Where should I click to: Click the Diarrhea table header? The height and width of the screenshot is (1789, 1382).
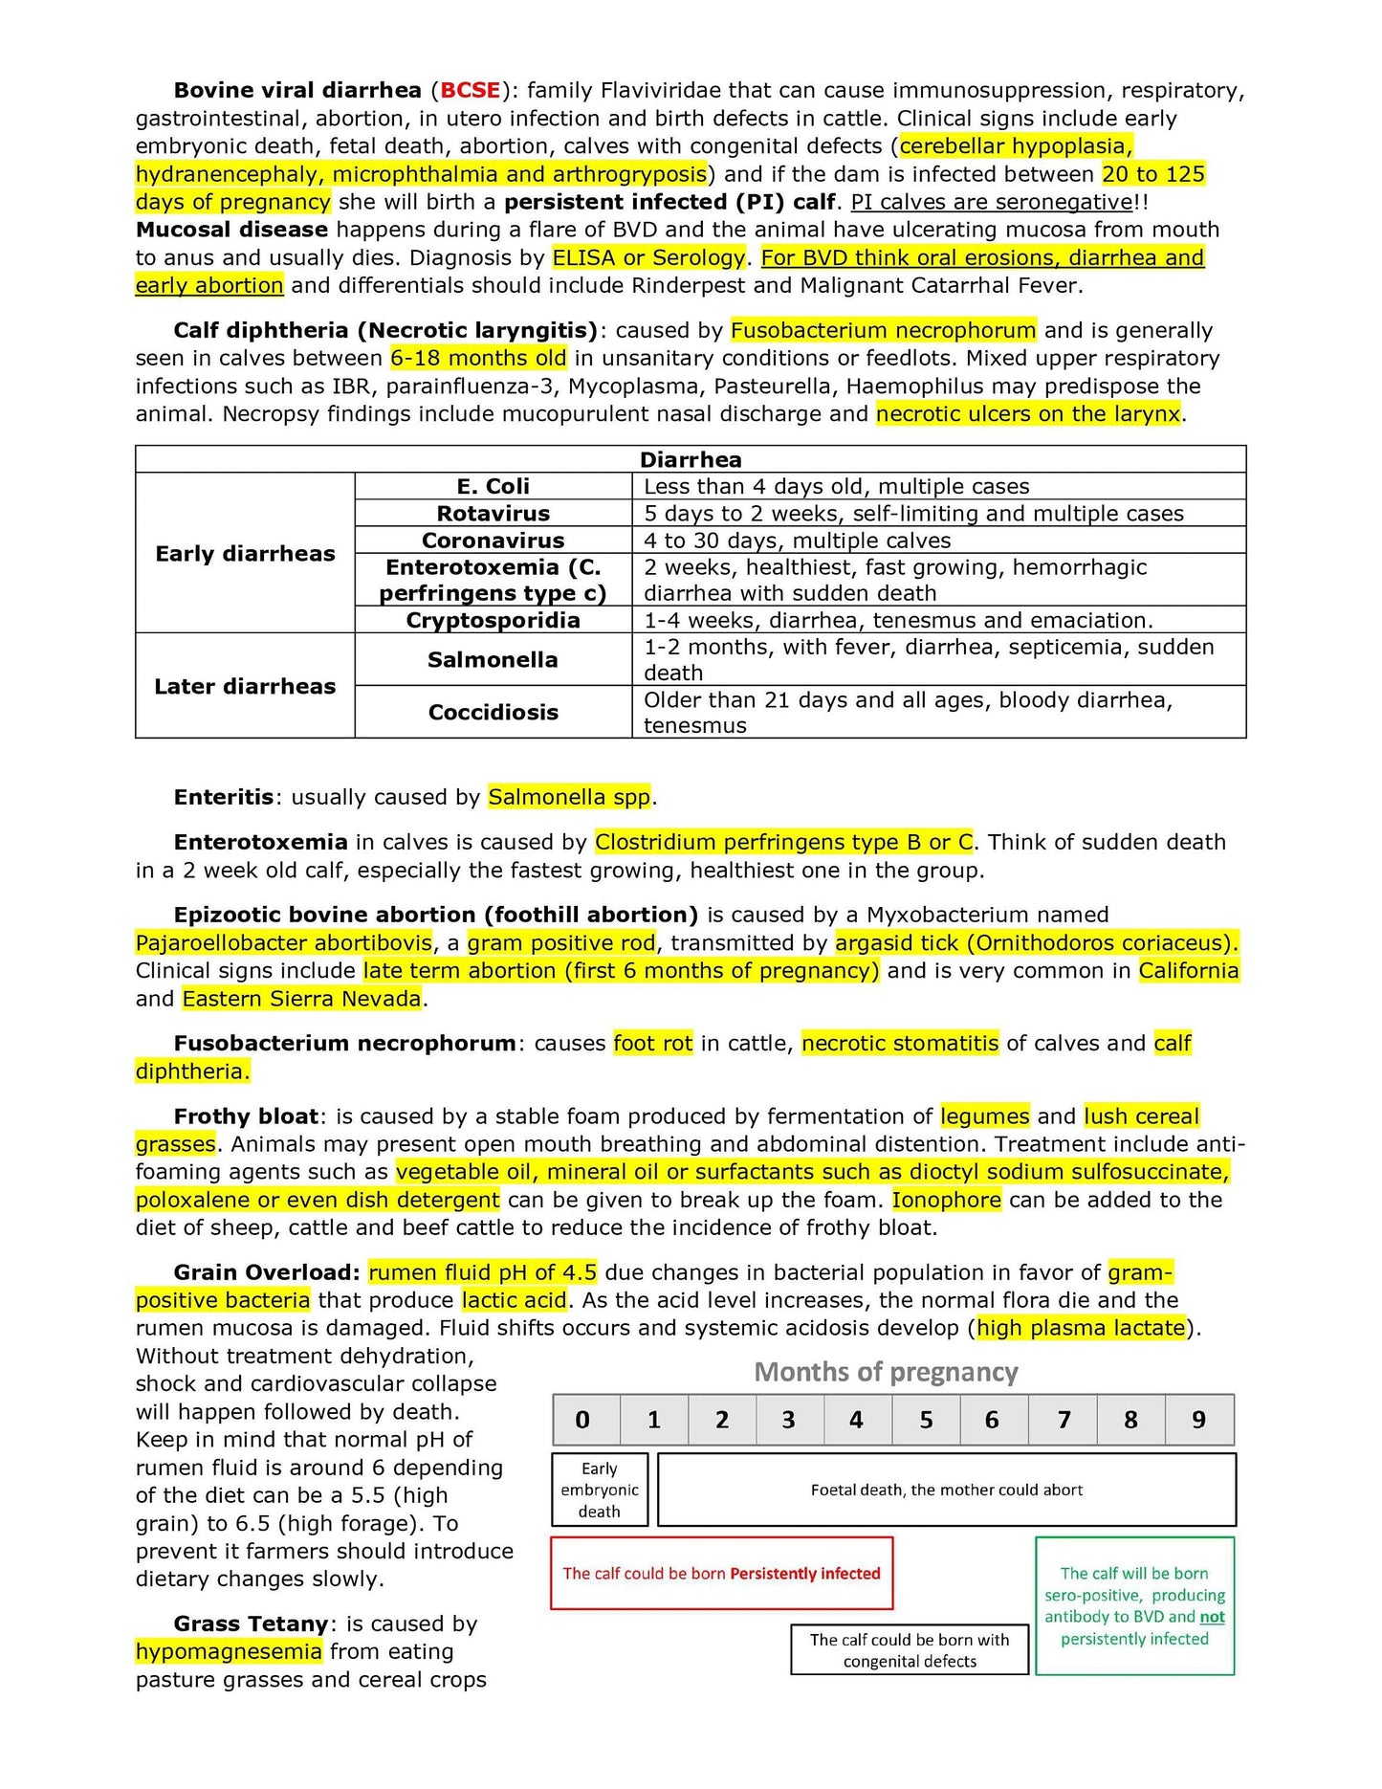pos(691,459)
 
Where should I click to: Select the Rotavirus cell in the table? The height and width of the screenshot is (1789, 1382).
pos(493,514)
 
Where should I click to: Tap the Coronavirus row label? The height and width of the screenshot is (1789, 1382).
pos(493,541)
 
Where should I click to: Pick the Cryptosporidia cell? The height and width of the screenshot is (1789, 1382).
pos(493,620)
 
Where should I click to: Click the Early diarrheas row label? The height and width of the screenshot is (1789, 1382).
pos(245,554)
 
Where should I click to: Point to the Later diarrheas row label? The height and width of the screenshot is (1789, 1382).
pos(245,686)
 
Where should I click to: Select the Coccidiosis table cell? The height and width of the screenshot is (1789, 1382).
pos(493,712)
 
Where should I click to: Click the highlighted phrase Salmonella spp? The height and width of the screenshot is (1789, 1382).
pos(570,797)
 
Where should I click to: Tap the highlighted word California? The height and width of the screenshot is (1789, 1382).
pos(1189,971)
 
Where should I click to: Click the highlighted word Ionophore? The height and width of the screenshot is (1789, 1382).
pos(947,1200)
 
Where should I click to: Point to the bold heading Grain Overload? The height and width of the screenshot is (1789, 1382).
pos(267,1272)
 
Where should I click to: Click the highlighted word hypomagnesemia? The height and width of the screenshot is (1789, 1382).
pos(229,1651)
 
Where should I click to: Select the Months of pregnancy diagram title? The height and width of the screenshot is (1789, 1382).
pos(886,1373)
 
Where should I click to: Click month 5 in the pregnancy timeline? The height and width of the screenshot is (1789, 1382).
pos(926,1420)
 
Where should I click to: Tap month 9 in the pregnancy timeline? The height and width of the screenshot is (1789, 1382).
pos(1198,1420)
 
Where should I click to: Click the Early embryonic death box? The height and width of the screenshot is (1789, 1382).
pos(600,1490)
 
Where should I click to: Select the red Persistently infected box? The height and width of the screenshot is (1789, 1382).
pos(721,1573)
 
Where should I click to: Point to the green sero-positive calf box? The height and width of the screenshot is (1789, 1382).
pos(1134,1605)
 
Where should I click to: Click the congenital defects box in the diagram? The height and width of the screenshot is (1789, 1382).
pos(910,1650)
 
